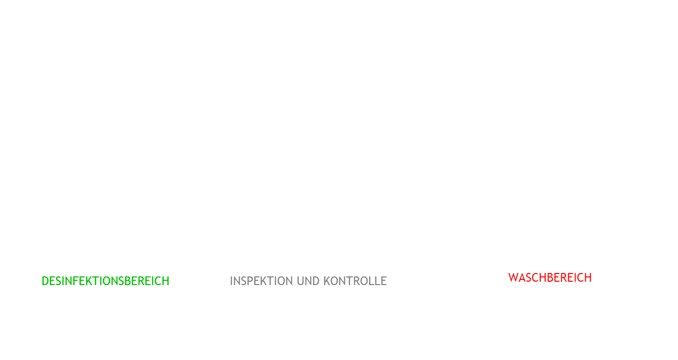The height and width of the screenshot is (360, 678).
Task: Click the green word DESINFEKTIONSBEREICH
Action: coord(105,281)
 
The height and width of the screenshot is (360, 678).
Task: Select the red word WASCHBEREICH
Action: coord(550,278)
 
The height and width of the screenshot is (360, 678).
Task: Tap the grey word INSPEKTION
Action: coord(262,281)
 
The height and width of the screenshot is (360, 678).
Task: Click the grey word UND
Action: coord(308,281)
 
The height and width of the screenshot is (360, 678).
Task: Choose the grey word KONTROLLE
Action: coord(355,281)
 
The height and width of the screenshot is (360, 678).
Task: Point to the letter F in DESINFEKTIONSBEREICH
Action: coord(76,281)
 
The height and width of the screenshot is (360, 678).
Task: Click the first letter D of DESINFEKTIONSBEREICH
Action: coord(45,281)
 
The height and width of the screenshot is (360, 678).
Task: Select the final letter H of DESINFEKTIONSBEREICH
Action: coord(166,281)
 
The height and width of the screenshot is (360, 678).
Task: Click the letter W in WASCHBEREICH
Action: coord(513,278)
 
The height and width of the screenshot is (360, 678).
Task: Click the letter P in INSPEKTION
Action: coord(249,281)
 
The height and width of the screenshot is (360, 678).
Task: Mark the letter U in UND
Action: coord(300,281)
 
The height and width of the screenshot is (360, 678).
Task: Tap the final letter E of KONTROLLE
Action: coord(384,281)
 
